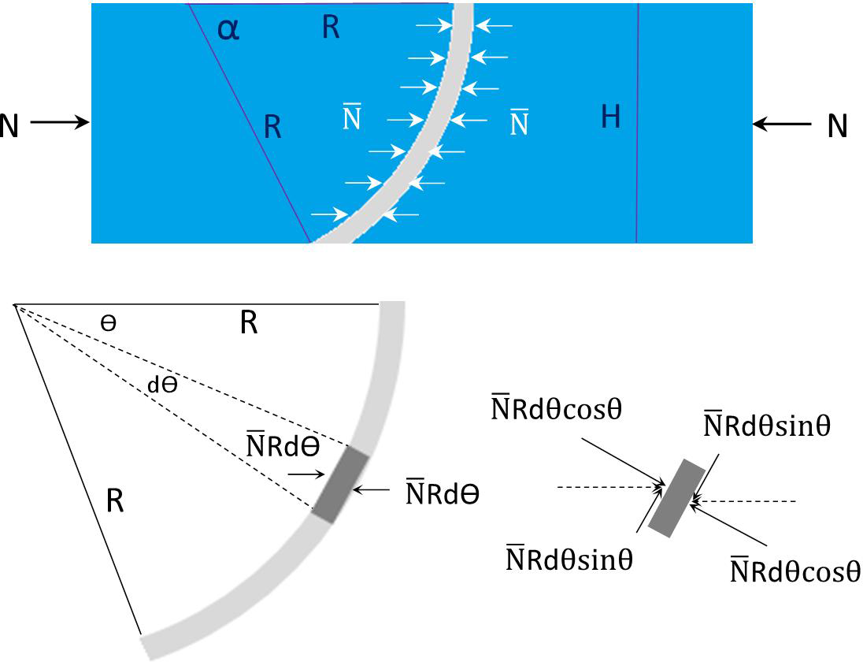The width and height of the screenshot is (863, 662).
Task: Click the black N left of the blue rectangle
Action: pos(9,124)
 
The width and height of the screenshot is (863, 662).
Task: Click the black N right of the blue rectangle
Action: pos(837,126)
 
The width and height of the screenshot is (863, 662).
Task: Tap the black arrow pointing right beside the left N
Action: pos(60,122)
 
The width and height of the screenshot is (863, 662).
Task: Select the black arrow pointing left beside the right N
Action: pos(781,124)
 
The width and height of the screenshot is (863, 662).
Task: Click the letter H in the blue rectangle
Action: pos(610,117)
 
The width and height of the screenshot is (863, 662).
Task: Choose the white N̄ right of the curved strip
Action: pos(519,123)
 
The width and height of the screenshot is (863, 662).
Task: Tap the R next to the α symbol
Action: pos(331,28)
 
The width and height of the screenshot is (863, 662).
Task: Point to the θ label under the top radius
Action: pos(109,324)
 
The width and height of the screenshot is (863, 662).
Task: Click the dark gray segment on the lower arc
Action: pos(339,482)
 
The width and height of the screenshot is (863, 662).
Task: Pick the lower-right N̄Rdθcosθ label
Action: pos(795,570)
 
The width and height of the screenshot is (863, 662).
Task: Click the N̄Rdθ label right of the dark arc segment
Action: pos(443,493)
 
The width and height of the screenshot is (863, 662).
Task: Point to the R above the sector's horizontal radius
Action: pos(249,322)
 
